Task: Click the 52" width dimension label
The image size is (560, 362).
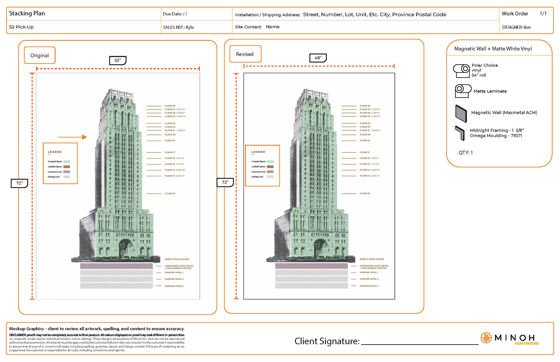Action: [x=118, y=60]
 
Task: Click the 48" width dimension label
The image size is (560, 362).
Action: [x=318, y=58]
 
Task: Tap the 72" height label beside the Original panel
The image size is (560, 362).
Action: [x=19, y=183]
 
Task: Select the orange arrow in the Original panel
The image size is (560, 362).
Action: [x=72, y=137]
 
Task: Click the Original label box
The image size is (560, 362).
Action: [x=40, y=55]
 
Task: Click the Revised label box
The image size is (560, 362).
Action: [x=245, y=54]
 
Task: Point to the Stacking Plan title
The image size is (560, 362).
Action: [x=27, y=13]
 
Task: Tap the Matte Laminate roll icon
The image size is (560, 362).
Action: [x=463, y=91]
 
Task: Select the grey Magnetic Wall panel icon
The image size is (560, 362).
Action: [x=461, y=113]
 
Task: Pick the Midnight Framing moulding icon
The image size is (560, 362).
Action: [x=460, y=133]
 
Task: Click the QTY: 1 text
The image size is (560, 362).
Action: [x=466, y=153]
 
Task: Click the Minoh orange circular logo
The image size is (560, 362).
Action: [x=486, y=338]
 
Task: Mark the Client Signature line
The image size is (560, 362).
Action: [x=420, y=344]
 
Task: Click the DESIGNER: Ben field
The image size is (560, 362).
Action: [x=516, y=27]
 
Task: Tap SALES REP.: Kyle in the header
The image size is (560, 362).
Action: [x=178, y=27]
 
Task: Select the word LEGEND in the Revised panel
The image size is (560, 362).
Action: [x=258, y=152]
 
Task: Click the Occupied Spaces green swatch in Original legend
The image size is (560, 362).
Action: [x=66, y=161]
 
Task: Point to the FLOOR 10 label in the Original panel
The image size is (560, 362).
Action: [x=170, y=194]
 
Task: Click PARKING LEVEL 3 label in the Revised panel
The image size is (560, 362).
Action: [x=369, y=286]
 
